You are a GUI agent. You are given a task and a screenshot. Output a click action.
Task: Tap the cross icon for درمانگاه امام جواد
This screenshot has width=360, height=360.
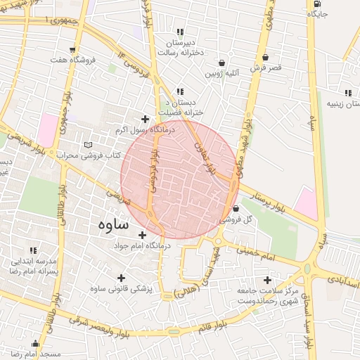pos(143,235)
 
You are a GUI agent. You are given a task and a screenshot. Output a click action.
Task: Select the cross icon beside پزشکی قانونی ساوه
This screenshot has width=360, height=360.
pos(121,277)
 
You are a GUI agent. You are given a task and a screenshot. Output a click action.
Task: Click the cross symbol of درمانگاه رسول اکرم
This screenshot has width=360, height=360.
pos(146,119)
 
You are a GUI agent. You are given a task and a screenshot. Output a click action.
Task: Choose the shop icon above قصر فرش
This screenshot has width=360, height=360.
pos(265,57)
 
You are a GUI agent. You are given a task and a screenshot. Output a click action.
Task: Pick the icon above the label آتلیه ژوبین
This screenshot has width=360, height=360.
pos(222,62)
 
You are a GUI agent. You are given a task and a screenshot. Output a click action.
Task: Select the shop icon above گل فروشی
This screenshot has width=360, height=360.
pos(235,209)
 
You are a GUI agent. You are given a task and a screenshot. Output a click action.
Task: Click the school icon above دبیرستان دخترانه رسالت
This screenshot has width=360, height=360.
pos(181,31)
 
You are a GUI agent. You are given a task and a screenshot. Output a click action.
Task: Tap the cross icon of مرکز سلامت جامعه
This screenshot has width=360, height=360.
pos(266,280)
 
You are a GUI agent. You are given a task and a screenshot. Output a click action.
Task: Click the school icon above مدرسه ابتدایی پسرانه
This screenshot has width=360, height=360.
pos(33,250)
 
